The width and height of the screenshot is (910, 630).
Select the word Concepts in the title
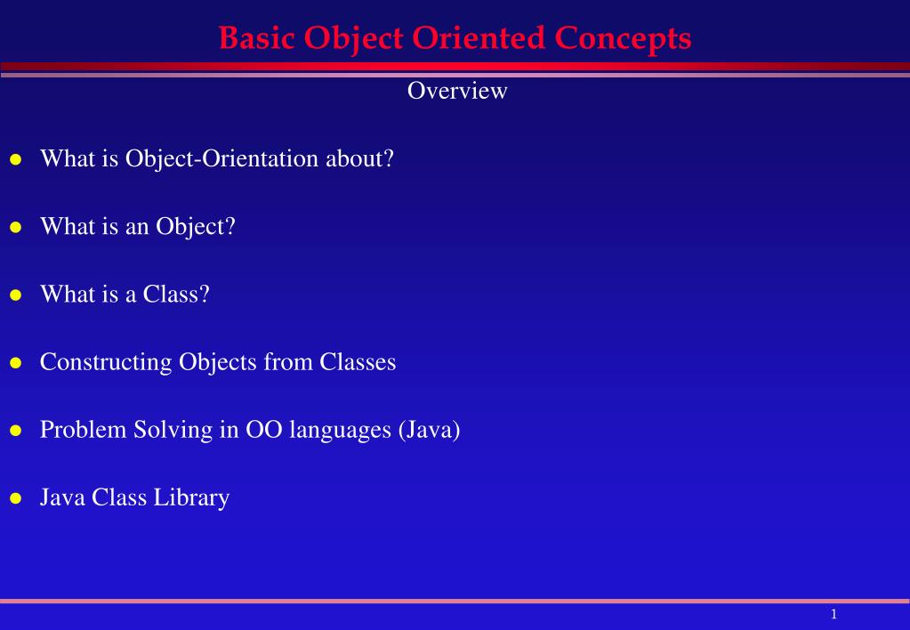pos(623,38)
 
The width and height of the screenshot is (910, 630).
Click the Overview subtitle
pos(456,91)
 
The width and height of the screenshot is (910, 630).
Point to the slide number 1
pos(833,614)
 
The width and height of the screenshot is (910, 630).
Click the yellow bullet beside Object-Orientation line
pos(15,160)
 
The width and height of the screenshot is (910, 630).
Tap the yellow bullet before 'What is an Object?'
pos(15,228)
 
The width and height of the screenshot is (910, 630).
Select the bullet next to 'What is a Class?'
pos(15,295)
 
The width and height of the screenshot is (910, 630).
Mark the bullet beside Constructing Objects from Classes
pos(15,363)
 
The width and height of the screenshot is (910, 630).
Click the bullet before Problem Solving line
pos(15,431)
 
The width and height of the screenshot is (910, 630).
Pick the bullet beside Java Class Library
pos(15,498)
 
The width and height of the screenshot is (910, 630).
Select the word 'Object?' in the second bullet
pos(196,227)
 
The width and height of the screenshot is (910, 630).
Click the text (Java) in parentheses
pos(429,430)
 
